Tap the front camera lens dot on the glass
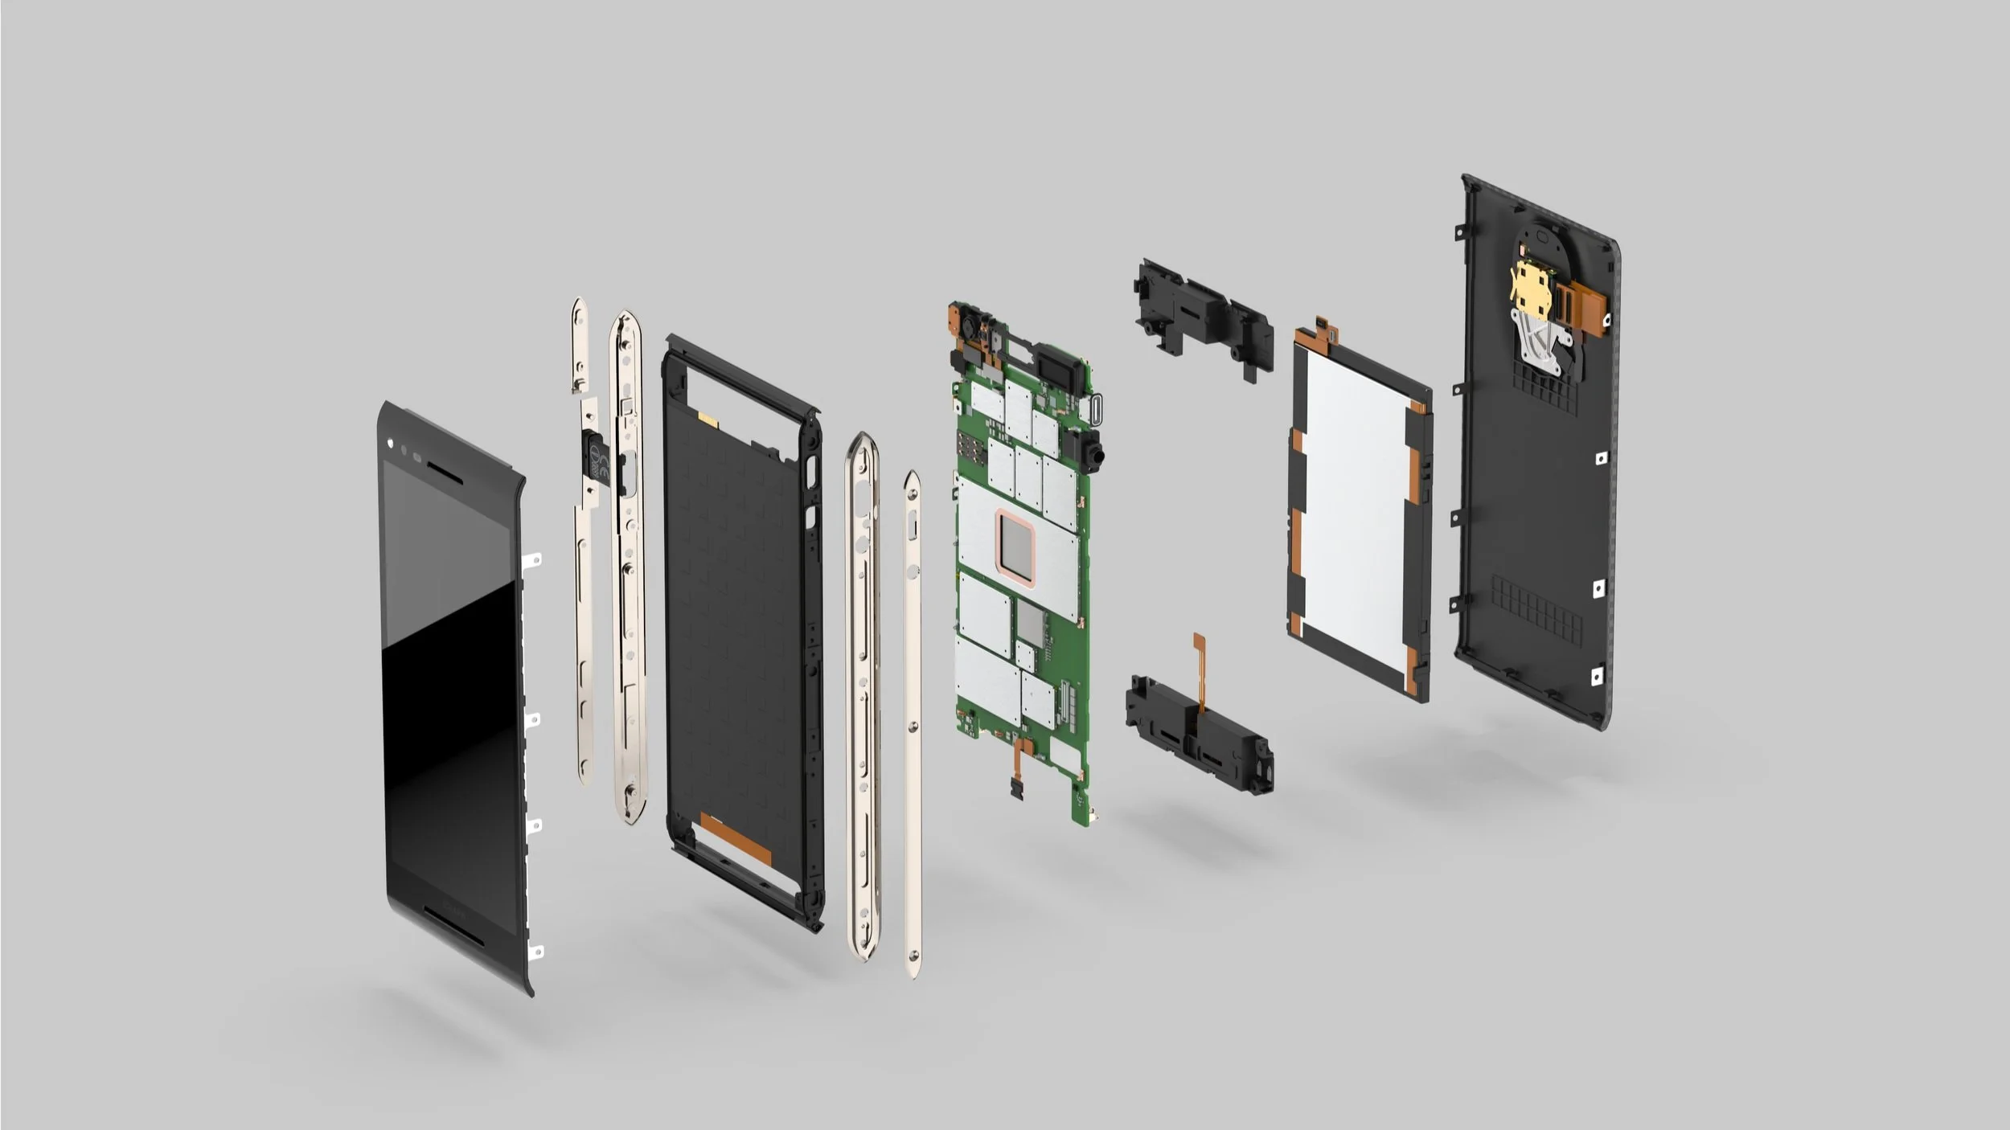390,443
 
